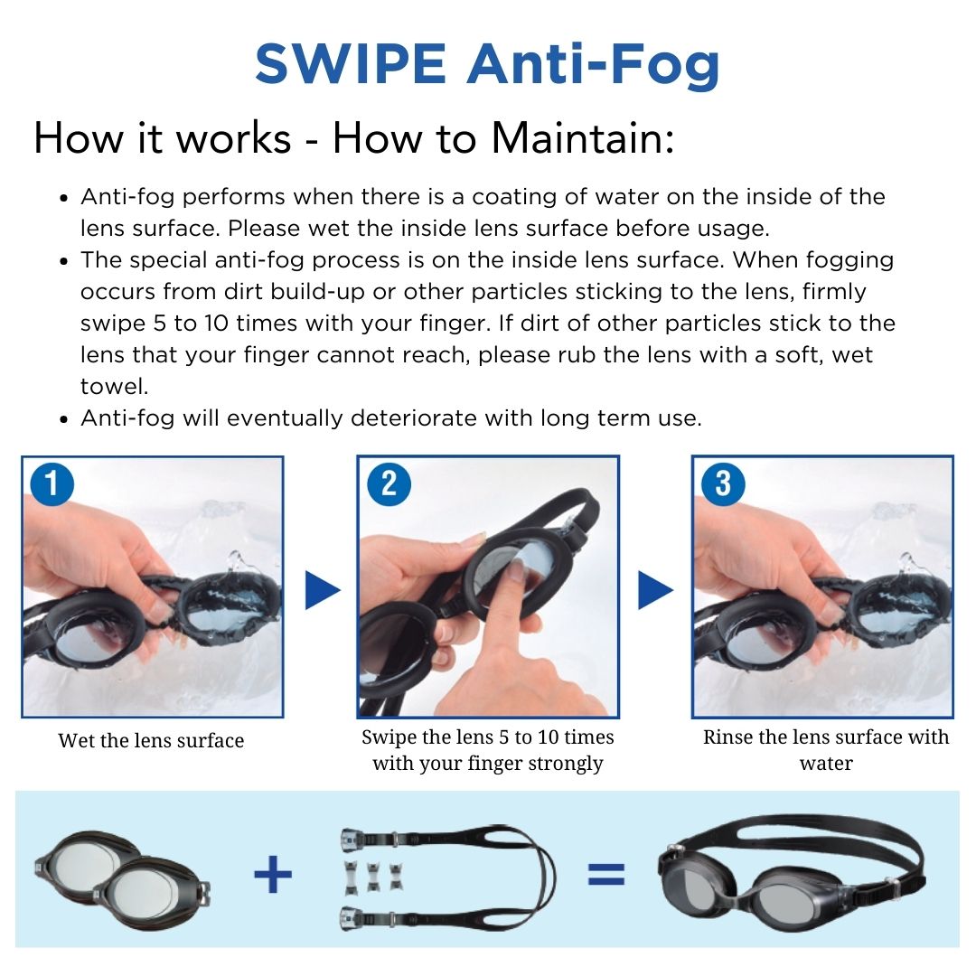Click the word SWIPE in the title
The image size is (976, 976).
pos(351,63)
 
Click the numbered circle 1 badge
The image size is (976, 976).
pos(52,484)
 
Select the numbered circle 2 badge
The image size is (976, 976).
pos(389,483)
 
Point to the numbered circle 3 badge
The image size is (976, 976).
pos(723,483)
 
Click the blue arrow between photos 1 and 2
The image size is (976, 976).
pos(321,590)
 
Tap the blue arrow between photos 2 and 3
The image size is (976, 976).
pos(655,590)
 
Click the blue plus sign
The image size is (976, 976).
pos(273,875)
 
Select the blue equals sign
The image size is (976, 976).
pos(605,875)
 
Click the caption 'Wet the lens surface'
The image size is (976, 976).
pos(151,741)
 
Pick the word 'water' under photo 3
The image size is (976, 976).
pos(826,763)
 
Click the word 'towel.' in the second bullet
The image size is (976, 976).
pos(115,387)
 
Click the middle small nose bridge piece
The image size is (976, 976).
pos(373,875)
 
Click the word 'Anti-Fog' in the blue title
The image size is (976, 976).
pos(593,64)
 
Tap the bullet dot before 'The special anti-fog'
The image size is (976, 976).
pos(63,261)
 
